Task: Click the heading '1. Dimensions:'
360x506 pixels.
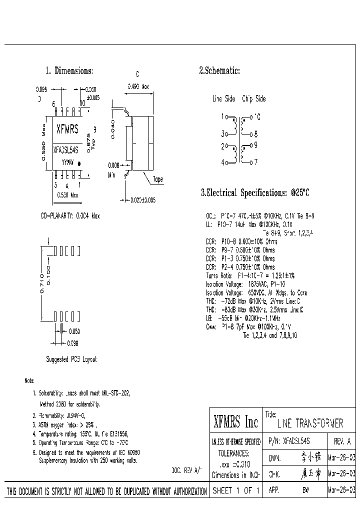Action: [69, 70]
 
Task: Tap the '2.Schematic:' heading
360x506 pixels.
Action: [219, 70]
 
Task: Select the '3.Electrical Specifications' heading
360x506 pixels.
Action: [255, 192]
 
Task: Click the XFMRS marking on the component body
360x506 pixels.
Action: [67, 129]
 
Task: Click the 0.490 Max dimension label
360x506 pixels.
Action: [138, 86]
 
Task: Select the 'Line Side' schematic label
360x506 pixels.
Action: [223, 99]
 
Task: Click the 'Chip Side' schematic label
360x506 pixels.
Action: [253, 99]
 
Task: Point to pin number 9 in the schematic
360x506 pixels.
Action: [255, 145]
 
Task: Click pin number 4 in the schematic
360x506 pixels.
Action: [223, 162]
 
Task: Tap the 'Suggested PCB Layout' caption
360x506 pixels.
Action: [71, 359]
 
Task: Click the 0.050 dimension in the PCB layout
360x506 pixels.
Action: [74, 331]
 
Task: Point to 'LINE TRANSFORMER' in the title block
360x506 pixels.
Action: [310, 424]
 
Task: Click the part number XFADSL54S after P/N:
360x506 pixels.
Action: [296, 441]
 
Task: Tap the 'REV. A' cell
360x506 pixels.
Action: [341, 441]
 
